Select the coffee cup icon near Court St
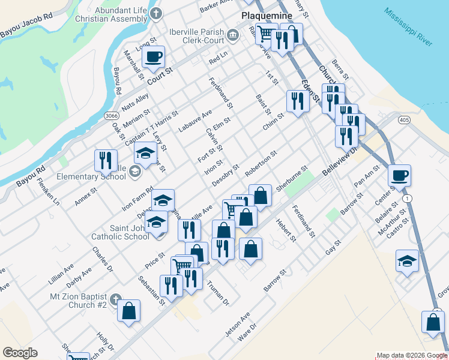click(153, 58)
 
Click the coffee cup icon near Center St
click(399, 176)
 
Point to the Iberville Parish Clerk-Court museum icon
click(232, 35)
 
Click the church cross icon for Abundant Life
click(156, 14)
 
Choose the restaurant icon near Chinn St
click(297, 101)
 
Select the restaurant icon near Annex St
click(105, 160)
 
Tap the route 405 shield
click(403, 120)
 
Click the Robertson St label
click(261, 163)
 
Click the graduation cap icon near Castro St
click(407, 261)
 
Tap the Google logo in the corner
click(20, 353)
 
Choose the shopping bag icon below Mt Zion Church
click(128, 311)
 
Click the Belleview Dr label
click(339, 163)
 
